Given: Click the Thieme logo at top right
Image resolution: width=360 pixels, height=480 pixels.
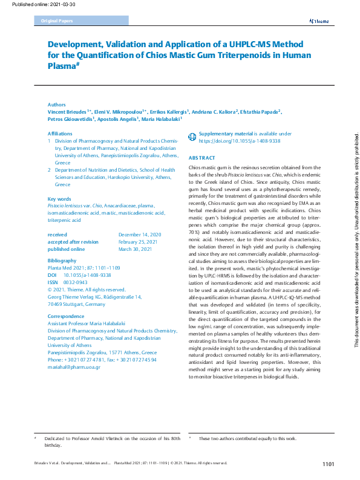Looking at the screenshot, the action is click(319, 21).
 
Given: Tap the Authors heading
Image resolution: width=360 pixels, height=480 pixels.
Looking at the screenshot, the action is click(57, 105).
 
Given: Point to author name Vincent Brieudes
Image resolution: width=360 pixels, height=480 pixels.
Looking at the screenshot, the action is click(67, 112).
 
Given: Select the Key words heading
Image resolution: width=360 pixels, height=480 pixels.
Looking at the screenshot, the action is click(59, 199).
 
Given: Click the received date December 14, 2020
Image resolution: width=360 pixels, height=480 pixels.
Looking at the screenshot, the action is click(140, 234).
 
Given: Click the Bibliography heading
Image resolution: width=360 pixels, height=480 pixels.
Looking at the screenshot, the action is click(62, 260).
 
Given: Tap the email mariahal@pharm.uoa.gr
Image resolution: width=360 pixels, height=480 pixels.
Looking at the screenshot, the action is click(75, 367).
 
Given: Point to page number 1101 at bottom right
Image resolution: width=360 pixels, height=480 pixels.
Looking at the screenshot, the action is click(328, 464).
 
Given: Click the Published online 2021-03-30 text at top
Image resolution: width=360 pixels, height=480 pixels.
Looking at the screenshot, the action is click(34, 4).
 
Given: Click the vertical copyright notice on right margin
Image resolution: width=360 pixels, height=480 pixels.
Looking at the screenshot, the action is click(356, 236).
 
